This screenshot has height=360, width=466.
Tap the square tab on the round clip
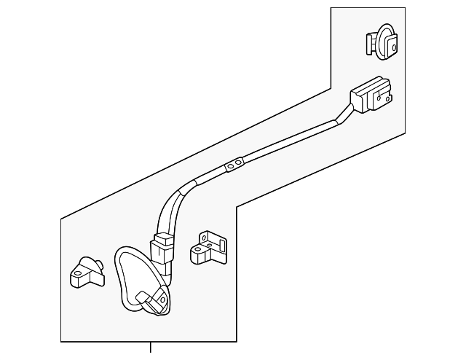click(x=390, y=45)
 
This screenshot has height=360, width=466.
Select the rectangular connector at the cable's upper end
click(x=371, y=95)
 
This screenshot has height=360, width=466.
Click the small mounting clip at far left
click(x=87, y=271)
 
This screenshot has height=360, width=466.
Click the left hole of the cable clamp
click(x=230, y=168)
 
